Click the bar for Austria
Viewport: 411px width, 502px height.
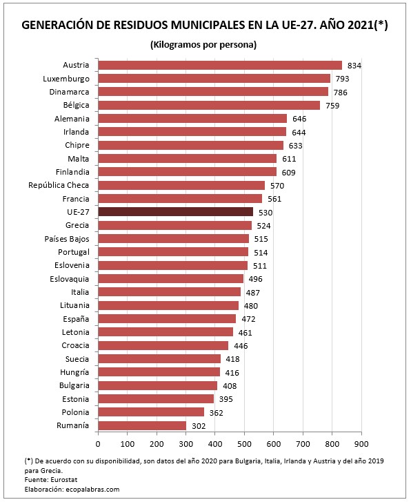point(219,65)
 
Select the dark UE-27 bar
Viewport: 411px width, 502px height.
point(175,211)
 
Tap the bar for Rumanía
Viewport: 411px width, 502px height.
point(142,425)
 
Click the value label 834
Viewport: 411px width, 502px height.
point(355,65)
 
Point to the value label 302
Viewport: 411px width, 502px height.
point(199,426)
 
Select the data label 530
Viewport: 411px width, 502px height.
point(266,212)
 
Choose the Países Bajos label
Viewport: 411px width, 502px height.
point(68,238)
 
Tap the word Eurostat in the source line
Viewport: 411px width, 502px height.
point(65,479)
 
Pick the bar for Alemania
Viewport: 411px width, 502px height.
point(192,118)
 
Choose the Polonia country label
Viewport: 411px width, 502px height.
point(74,412)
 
